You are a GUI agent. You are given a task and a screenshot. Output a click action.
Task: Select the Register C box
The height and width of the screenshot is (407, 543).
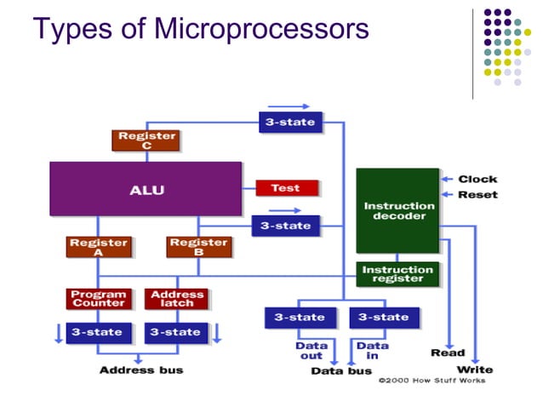[146, 140]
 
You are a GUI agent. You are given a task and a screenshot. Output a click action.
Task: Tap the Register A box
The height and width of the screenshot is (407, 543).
[98, 247]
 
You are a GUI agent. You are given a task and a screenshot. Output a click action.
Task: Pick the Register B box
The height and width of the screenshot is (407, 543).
[197, 247]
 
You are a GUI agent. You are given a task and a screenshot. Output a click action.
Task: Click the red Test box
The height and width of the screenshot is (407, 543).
[286, 188]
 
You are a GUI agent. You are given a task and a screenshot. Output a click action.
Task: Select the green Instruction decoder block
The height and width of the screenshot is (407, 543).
[398, 210]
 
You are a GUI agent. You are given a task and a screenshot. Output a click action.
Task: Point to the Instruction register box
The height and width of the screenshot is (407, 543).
[397, 274]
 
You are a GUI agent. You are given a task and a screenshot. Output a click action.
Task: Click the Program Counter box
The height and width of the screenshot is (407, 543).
[99, 299]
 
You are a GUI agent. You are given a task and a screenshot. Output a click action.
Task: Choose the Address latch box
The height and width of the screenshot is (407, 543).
[176, 299]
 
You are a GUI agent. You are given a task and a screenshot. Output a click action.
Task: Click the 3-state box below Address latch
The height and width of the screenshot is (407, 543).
[176, 332]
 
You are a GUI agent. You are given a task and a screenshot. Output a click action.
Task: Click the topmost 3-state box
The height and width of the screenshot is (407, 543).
[290, 122]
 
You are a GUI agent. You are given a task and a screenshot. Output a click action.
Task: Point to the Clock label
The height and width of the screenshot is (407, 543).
[477, 179]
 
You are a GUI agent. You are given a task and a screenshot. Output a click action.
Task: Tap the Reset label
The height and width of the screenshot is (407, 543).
[477, 195]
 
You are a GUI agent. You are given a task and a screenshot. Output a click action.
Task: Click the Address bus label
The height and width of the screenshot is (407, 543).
[140, 370]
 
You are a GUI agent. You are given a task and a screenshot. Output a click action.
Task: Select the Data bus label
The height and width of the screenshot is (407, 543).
[340, 371]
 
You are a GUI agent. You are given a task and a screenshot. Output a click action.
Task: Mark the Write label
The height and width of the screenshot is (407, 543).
[475, 370]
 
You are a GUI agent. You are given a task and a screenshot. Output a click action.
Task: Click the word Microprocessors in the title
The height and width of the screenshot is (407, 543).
[262, 29]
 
